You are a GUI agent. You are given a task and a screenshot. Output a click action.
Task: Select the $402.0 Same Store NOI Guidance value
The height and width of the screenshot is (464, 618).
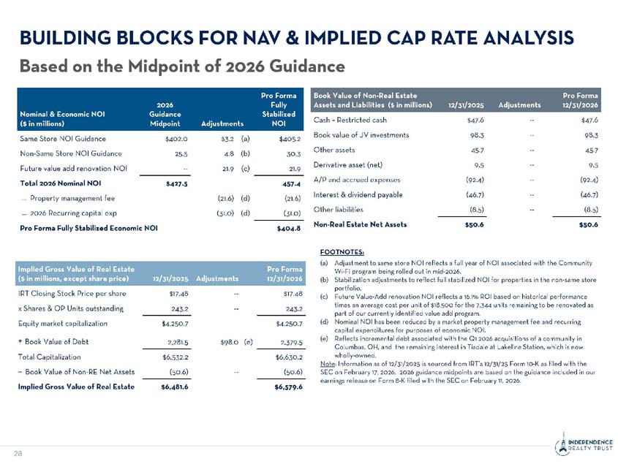(176, 137)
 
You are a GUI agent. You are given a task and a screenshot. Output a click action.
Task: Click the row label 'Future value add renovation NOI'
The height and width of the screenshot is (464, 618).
(74, 168)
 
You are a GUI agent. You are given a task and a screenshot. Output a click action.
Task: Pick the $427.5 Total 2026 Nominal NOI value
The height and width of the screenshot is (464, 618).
(176, 183)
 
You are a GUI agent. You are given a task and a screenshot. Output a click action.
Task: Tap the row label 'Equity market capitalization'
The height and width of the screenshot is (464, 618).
(64, 323)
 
